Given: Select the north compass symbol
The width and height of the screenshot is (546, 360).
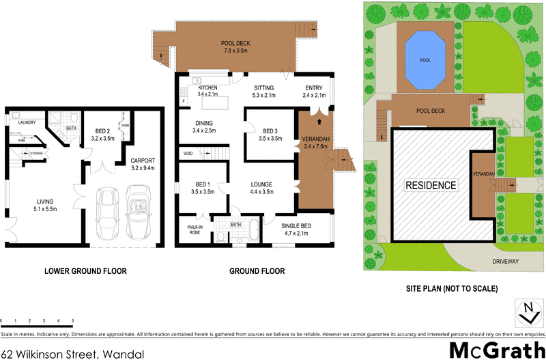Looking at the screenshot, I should click(527, 312).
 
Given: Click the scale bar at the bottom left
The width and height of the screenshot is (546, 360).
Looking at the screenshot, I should click(38, 319).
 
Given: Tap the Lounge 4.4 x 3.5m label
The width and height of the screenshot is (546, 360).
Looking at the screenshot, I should click(262, 188).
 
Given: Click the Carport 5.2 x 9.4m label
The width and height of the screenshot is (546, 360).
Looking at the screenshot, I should click(143, 164).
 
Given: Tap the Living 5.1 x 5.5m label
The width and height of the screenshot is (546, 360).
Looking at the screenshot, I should click(46, 205).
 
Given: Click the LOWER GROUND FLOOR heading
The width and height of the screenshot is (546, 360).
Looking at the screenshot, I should click(85, 271).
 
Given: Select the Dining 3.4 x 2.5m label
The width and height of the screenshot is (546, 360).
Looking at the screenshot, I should click(205, 126).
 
